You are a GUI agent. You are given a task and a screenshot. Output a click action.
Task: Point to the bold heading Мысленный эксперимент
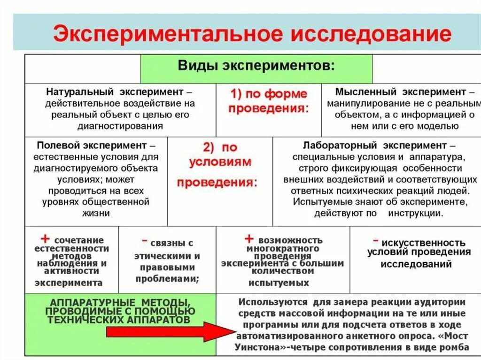coord(401,92)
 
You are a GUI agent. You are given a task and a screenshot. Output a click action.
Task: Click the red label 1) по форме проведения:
coord(269,101)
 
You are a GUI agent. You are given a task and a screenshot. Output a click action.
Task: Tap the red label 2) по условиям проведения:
coord(219,164)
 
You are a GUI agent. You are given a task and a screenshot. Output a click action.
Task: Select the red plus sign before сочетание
coord(45,239)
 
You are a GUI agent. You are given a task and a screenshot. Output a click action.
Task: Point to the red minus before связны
coord(145,241)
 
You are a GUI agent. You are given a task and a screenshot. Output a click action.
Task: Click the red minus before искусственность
coord(375,240)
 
